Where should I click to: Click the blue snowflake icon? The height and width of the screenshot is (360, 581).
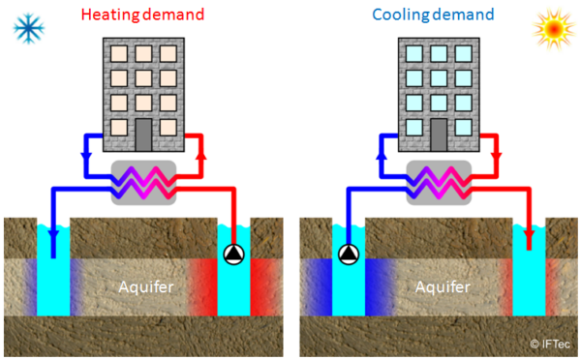tap(30, 28)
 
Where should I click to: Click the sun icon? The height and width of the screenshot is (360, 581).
tap(552, 29)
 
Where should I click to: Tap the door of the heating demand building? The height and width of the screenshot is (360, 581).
tap(143, 132)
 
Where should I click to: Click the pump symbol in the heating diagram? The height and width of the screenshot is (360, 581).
tap(234, 255)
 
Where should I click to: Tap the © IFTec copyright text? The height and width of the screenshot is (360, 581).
tap(549, 343)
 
